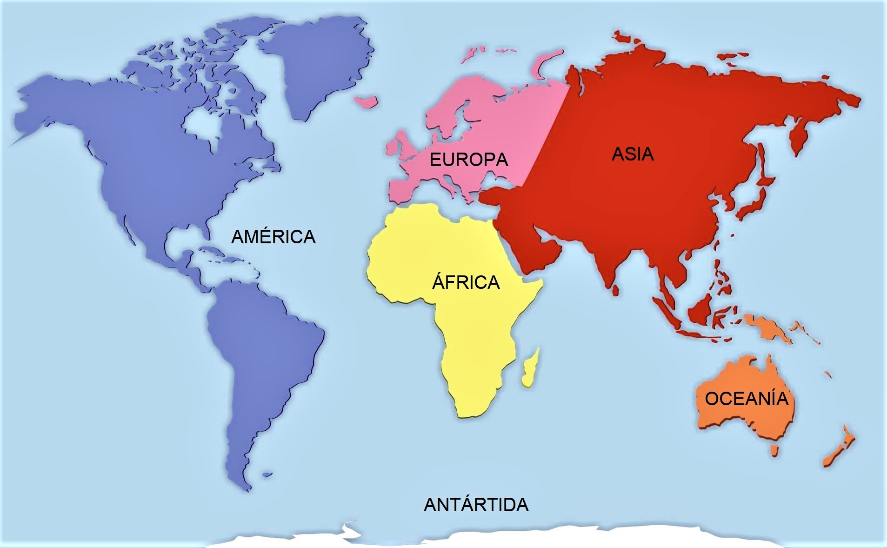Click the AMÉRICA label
click(x=273, y=237)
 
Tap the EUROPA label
click(x=468, y=160)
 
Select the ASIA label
click(x=633, y=154)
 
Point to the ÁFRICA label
click(x=466, y=282)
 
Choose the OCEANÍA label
click(x=747, y=399)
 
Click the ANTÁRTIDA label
click(x=476, y=505)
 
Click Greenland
click(x=321, y=65)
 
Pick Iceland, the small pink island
click(x=366, y=101)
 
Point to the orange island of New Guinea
click(x=767, y=328)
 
